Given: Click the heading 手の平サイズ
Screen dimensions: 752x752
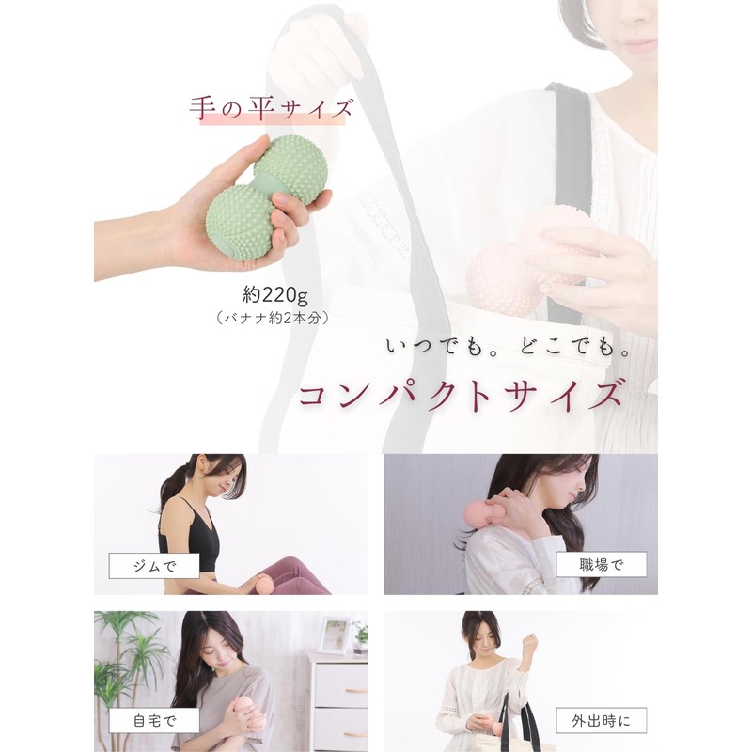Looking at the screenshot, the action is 271,109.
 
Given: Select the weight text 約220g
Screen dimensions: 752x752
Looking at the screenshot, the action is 274,295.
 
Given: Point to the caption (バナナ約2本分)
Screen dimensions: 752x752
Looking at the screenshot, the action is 273,318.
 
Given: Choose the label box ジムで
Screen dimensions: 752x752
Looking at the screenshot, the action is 154,566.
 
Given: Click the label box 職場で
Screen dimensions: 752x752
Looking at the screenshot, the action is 601,565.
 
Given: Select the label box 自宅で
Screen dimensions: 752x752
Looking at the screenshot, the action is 154,720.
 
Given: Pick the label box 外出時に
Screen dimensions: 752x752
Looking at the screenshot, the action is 601,720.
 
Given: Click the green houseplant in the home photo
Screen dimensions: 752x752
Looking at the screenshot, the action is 124,662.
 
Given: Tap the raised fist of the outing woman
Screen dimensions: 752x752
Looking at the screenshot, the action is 529,641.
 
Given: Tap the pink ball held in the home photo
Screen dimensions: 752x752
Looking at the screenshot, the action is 248,713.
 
